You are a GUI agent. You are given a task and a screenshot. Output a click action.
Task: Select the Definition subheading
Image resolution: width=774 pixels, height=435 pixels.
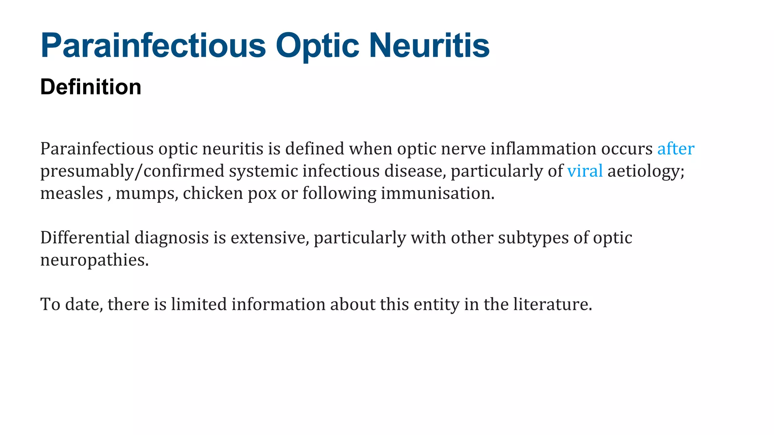click(x=91, y=87)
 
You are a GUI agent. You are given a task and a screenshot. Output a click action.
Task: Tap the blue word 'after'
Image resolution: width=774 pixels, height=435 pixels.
click(x=675, y=149)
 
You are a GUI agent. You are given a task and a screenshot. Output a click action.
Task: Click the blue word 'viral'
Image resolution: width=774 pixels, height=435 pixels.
click(x=585, y=171)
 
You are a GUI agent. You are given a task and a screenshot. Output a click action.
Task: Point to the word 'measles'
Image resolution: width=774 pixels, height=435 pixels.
click(x=71, y=193)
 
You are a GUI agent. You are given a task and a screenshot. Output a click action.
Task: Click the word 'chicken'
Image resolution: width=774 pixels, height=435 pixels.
click(x=213, y=193)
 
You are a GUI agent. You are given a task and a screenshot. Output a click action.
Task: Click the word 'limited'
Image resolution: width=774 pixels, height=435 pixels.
click(x=198, y=304)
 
